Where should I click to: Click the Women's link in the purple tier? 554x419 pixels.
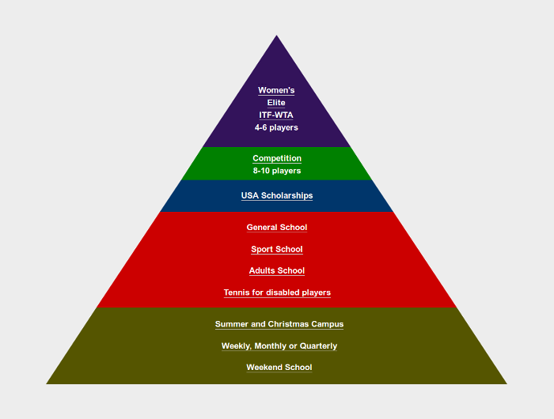coord(276,90)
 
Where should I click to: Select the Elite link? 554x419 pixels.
coord(276,103)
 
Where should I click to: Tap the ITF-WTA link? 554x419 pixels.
coord(276,115)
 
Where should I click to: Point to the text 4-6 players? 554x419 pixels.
coord(276,127)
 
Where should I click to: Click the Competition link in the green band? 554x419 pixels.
coord(277,158)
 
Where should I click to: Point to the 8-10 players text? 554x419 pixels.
coord(277,171)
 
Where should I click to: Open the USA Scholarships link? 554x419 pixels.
coord(277,195)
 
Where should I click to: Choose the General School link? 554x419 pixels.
coord(277,228)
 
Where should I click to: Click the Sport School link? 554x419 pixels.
coord(277,249)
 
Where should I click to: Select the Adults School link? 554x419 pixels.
coord(277,271)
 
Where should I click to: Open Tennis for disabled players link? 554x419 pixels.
coord(277,293)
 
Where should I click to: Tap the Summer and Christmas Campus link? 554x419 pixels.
coord(279,324)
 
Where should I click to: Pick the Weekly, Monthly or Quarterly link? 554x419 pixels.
coord(279,345)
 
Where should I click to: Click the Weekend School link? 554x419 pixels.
coord(279,368)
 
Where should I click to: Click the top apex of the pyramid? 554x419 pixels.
coord(277,37)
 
